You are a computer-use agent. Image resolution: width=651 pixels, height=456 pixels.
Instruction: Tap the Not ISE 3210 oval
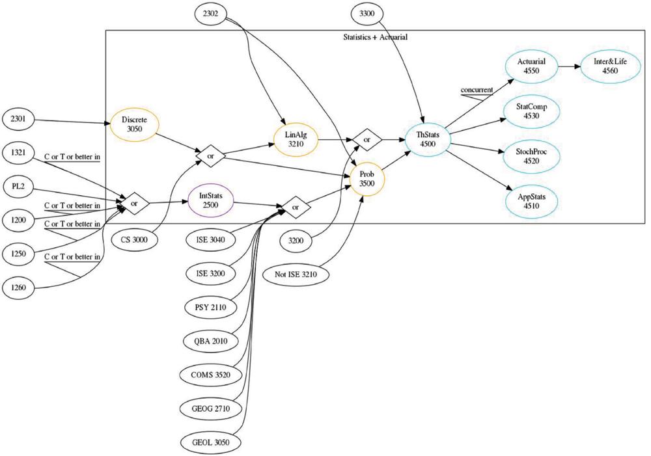(296, 275)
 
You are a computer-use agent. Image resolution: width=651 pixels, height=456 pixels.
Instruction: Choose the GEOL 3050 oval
(210, 443)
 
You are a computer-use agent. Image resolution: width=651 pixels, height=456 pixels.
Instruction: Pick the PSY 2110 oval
(210, 308)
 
